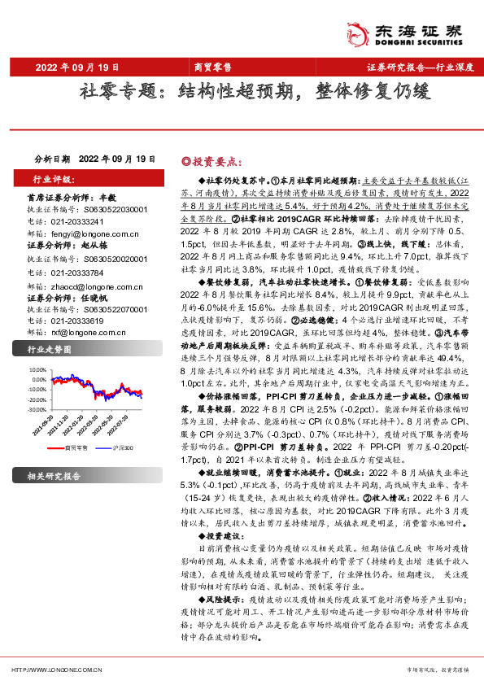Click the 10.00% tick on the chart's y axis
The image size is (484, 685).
point(37,368)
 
